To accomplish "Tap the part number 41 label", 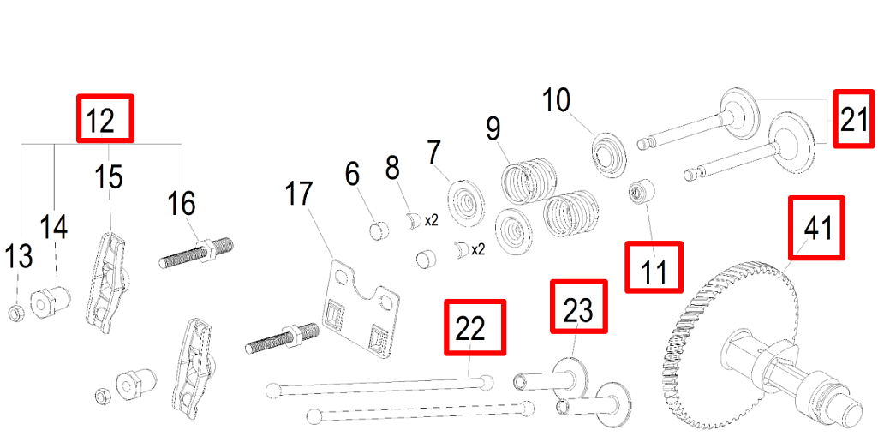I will tap(816, 227).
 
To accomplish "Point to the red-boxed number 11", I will tap(654, 267).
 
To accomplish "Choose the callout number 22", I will tap(475, 326).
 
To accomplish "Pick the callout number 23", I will tap(577, 308).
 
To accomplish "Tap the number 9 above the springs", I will tap(493, 129).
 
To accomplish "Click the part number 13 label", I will tap(19, 256).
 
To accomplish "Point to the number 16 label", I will tap(182, 204).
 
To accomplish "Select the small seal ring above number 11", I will tap(639, 191).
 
